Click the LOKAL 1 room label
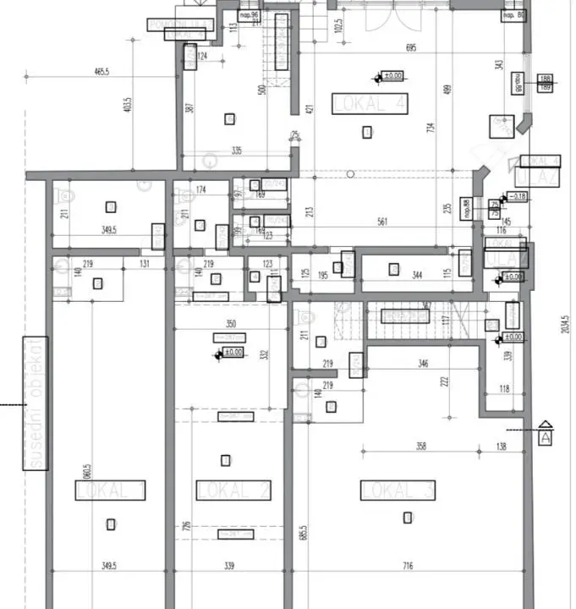point(110,490)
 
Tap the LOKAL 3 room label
point(398,490)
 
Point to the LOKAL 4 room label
point(370,103)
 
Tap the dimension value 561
point(382,222)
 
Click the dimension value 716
point(407,565)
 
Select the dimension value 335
point(236,151)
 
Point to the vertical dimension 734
point(431,128)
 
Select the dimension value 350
point(231,324)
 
